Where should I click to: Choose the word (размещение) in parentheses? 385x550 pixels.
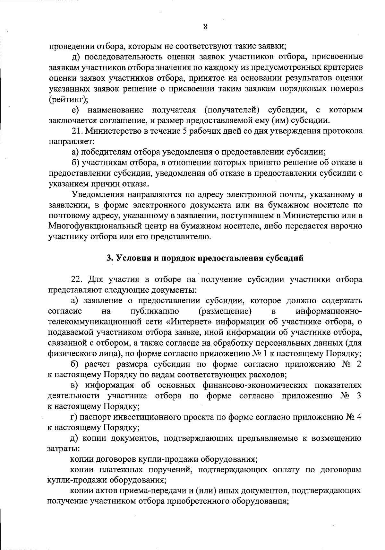(x=225, y=311)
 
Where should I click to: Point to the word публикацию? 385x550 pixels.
(x=155, y=311)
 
